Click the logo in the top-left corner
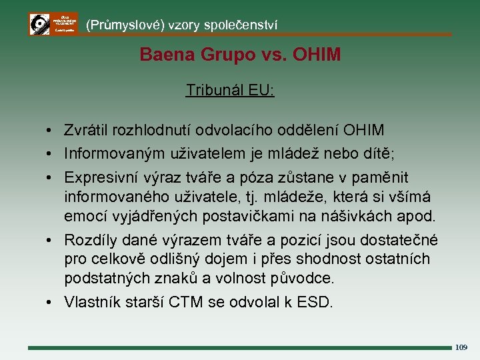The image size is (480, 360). click(x=53, y=24)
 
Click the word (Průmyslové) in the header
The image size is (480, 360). click(x=124, y=25)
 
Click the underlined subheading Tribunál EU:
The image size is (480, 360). click(x=230, y=90)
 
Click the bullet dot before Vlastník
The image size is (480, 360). click(x=51, y=302)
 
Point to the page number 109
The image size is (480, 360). click(x=461, y=347)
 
